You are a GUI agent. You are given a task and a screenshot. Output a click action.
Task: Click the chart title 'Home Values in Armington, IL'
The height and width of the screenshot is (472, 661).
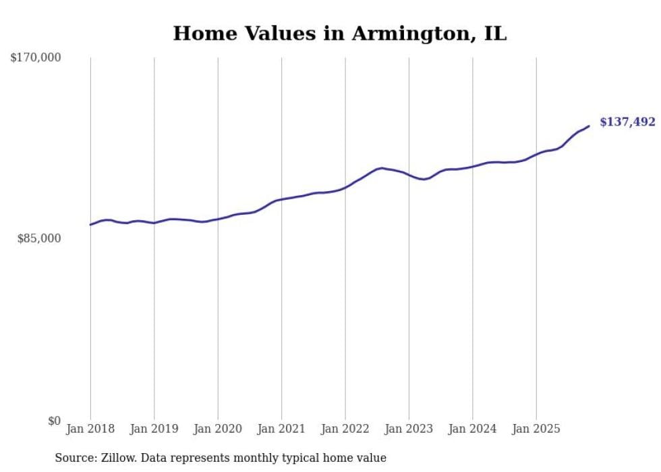pyautogui.click(x=339, y=34)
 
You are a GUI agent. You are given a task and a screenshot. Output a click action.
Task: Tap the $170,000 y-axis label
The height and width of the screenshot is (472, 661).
pyautogui.click(x=36, y=58)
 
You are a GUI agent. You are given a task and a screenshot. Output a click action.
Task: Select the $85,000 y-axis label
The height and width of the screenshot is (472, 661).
pyautogui.click(x=39, y=238)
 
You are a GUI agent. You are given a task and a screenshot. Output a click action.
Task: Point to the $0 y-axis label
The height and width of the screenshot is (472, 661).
pyautogui.click(x=54, y=421)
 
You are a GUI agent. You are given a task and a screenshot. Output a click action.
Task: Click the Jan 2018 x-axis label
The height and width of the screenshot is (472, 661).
pyautogui.click(x=90, y=429)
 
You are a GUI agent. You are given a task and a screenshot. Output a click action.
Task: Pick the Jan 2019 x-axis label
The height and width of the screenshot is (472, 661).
pyautogui.click(x=154, y=429)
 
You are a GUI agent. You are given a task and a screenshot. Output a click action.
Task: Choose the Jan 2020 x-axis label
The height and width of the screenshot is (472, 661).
pyautogui.click(x=218, y=429)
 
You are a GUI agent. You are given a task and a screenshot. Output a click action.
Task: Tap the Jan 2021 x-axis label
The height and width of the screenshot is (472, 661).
pyautogui.click(x=281, y=429)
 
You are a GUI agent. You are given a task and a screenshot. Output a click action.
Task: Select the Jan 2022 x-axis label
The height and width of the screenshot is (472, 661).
pyautogui.click(x=345, y=429)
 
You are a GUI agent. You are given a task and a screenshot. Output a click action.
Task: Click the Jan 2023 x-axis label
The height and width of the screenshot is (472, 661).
pyautogui.click(x=409, y=429)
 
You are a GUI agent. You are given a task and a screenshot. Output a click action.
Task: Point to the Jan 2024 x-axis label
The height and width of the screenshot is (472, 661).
pyautogui.click(x=473, y=429)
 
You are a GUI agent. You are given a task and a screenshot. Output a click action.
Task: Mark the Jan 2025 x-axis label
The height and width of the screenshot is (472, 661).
pyautogui.click(x=536, y=429)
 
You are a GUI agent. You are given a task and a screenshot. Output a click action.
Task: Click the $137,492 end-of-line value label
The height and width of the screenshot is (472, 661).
pyautogui.click(x=627, y=122)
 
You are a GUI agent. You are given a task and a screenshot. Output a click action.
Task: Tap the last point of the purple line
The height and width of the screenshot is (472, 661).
pyautogui.click(x=589, y=126)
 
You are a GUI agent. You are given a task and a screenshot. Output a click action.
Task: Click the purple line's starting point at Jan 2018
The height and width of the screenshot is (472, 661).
pyautogui.click(x=90, y=224)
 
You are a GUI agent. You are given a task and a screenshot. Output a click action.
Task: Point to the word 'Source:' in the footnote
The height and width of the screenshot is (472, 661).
pyautogui.click(x=75, y=458)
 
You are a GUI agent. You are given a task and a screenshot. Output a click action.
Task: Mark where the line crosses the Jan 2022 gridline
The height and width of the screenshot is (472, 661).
pyautogui.click(x=345, y=186)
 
